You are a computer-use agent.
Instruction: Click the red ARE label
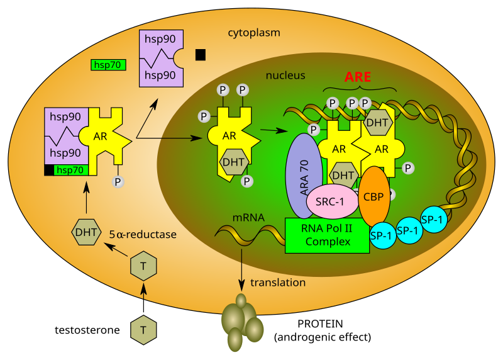click(x=357, y=77)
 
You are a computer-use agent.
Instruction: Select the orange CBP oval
click(x=373, y=195)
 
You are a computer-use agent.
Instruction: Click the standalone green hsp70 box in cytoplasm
click(x=108, y=64)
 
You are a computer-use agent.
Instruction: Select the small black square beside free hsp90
click(x=201, y=55)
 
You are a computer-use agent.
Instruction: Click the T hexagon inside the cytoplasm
click(x=143, y=267)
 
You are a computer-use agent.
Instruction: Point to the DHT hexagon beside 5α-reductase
click(x=86, y=232)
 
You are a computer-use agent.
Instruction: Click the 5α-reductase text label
click(x=143, y=235)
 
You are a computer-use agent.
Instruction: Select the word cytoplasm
click(x=254, y=32)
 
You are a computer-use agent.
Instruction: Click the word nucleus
click(x=285, y=76)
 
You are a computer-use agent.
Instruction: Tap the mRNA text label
click(x=248, y=218)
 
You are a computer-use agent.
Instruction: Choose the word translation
click(x=278, y=283)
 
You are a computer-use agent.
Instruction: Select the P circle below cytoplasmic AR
click(x=118, y=182)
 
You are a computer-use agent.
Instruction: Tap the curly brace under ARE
click(x=360, y=89)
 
